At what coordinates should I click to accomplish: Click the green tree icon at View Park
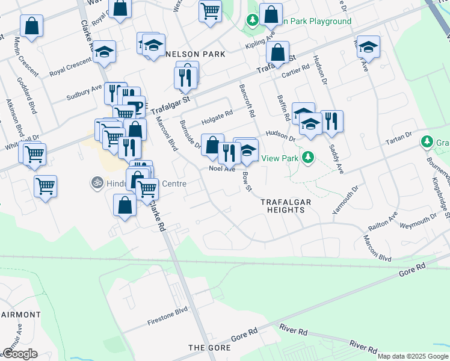click(308, 158)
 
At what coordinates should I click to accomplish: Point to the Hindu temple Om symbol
click(96, 181)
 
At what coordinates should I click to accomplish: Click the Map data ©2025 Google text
click(412, 356)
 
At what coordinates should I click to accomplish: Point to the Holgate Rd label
click(217, 117)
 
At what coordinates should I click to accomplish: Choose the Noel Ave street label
click(221, 169)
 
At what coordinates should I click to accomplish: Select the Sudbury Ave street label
click(84, 91)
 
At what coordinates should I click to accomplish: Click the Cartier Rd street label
click(295, 72)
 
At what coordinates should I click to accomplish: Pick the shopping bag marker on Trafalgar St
click(278, 52)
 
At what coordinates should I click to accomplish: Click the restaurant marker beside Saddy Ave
click(331, 122)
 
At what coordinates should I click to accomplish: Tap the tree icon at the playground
click(253, 21)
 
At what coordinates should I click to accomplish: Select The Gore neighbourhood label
click(206, 348)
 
